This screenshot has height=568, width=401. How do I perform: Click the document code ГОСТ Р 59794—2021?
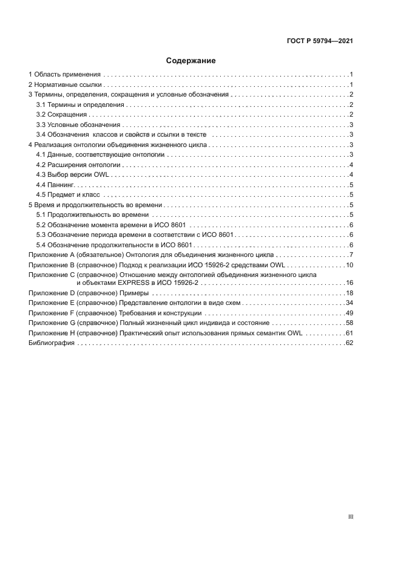click(x=320, y=41)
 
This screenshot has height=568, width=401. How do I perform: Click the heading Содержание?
click(x=191, y=61)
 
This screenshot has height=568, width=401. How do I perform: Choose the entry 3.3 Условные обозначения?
click(x=78, y=125)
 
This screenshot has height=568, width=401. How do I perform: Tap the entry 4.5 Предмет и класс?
click(x=68, y=195)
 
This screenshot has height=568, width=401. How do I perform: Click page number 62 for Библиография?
click(x=349, y=343)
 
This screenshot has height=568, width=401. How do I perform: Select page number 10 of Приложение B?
click(x=349, y=265)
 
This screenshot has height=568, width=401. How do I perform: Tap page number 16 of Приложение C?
click(x=349, y=283)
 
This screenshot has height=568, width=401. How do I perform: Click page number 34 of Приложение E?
click(x=349, y=303)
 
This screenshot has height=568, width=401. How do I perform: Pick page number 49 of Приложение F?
click(x=349, y=312)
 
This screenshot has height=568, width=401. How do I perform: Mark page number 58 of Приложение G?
click(x=349, y=323)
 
